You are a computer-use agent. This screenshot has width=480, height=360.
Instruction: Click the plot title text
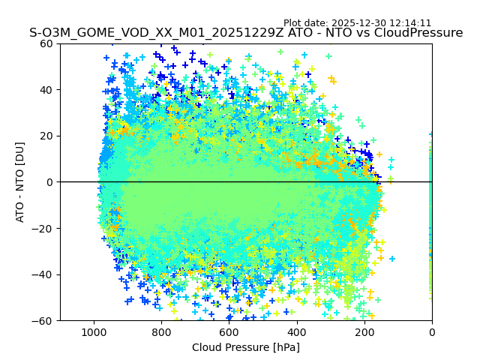click(246, 33)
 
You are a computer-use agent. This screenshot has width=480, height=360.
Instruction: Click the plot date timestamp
click(357, 23)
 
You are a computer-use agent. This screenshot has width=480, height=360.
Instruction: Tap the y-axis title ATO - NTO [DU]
click(20, 181)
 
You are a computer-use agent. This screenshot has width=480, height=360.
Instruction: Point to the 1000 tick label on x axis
click(94, 331)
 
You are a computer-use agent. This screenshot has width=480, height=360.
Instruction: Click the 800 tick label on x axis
click(161, 331)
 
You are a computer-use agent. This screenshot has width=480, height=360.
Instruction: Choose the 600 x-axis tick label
click(229, 331)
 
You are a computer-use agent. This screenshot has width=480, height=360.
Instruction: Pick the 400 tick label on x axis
click(296, 331)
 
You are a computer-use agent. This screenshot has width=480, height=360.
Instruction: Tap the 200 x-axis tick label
click(364, 331)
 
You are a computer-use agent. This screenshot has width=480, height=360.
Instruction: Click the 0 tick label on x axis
click(432, 331)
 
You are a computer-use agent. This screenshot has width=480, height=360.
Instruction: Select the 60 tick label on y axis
click(46, 43)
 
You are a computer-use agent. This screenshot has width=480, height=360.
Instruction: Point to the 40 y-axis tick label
click(46, 90)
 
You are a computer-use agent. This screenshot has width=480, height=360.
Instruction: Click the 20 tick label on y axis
click(46, 136)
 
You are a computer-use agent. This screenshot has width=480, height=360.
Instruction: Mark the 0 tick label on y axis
click(49, 182)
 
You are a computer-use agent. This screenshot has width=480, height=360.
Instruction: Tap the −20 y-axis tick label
click(43, 228)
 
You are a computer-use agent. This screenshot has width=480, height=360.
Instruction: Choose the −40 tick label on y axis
click(43, 274)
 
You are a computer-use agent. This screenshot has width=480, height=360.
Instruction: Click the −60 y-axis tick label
click(43, 320)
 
